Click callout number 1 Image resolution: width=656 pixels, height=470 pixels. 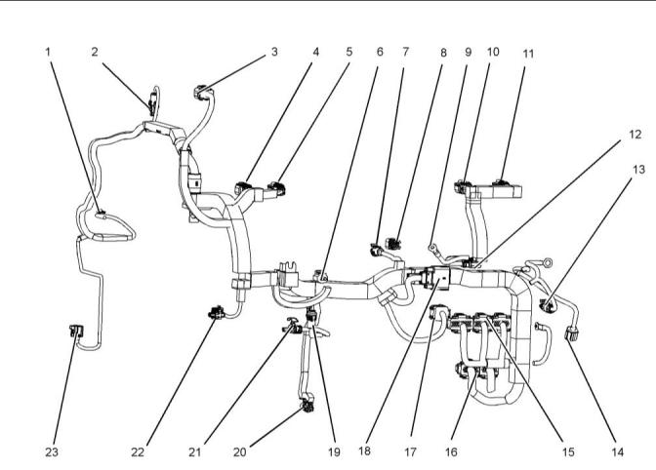[x=48, y=51]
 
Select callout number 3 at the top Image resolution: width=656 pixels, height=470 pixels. [x=274, y=51]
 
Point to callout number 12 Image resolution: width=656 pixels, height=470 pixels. [x=634, y=133]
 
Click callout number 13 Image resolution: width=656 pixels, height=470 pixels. [x=638, y=169]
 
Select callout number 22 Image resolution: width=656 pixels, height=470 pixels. [x=141, y=452]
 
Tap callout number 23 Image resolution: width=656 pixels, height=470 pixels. [x=51, y=452]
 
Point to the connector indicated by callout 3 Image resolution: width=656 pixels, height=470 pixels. [x=201, y=94]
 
